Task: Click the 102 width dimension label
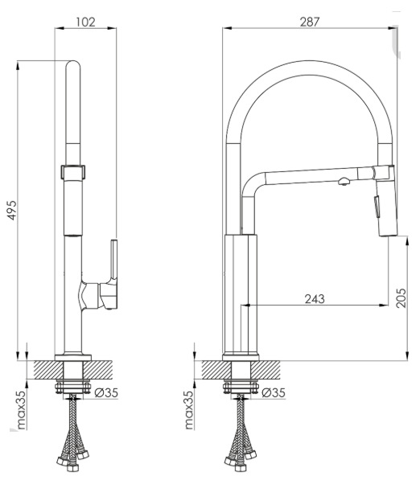pyautogui.click(x=85, y=22)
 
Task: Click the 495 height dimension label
pyautogui.click(x=12, y=210)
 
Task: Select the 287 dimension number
pyautogui.click(x=310, y=22)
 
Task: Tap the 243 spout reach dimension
pyautogui.click(x=315, y=299)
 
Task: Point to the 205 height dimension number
pyautogui.click(x=401, y=297)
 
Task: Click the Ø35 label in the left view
pyautogui.click(x=106, y=392)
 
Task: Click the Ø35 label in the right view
pyautogui.click(x=274, y=392)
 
